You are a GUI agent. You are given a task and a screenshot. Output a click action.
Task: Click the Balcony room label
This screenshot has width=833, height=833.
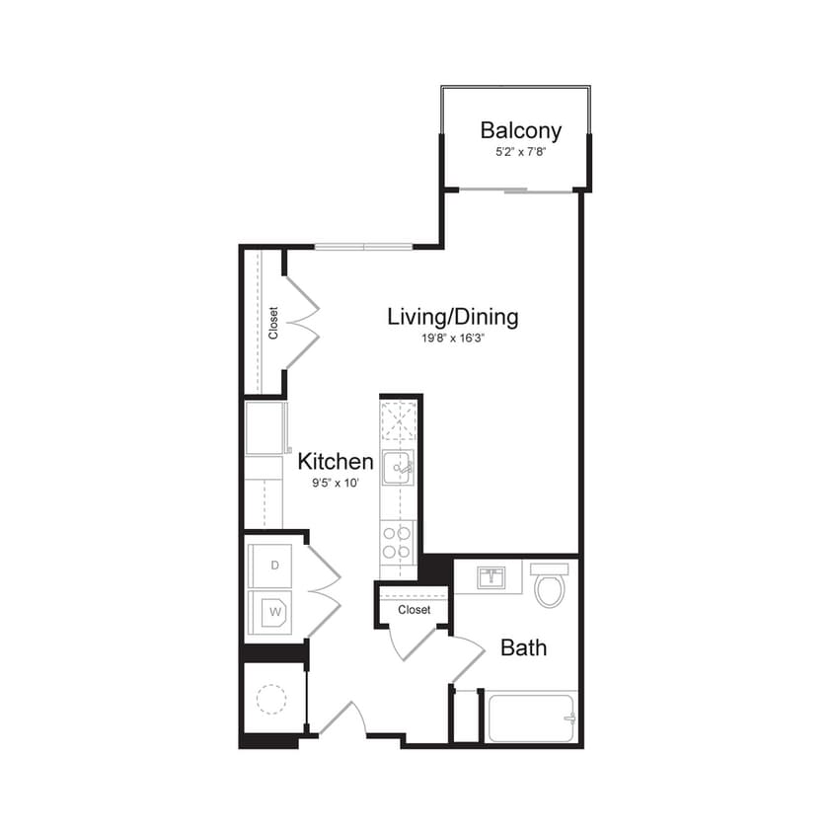coord(520,130)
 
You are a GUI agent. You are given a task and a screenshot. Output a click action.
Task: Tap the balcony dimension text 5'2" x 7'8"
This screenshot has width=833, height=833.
coord(520,153)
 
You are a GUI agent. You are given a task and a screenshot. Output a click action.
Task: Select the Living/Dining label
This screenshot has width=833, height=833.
coord(452,317)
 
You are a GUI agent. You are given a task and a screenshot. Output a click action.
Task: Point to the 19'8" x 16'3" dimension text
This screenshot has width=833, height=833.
coord(452,339)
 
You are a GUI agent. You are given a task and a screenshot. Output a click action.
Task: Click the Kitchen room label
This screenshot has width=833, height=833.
coord(336,462)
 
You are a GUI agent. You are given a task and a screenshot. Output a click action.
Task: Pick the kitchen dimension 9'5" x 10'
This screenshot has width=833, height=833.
coord(336,484)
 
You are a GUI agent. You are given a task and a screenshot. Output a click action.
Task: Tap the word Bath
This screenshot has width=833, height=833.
coord(523,648)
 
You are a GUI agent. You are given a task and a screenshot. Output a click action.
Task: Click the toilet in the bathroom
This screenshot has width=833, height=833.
coord(548,585)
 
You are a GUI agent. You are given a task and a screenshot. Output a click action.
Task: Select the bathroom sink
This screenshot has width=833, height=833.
coord(491,577)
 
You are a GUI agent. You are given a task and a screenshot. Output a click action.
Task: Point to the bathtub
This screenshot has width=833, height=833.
coord(531,718)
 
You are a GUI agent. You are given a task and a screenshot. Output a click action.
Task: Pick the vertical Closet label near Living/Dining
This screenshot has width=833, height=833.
coord(273,323)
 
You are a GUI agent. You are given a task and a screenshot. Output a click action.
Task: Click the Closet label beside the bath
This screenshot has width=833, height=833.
coord(415,610)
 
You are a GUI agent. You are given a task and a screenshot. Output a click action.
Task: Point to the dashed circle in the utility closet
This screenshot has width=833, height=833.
coord(270,700)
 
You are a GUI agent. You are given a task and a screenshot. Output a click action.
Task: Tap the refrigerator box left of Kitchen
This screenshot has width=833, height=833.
coord(265,425)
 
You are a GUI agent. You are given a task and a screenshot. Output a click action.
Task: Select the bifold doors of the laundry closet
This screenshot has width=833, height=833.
coord(324,591)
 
